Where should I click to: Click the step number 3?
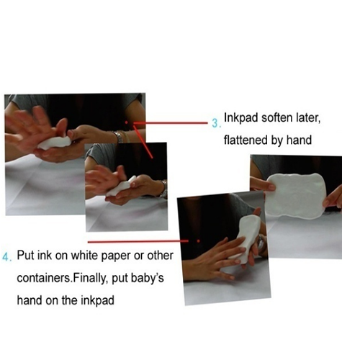click(215, 123)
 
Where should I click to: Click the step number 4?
click(6, 257)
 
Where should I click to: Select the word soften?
click(276, 117)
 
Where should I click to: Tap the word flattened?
click(246, 140)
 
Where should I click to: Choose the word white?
click(84, 256)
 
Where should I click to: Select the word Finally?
click(90, 278)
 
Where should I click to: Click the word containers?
click(44, 278)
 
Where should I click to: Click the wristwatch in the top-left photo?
click(120, 137)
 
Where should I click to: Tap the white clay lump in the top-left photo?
click(55, 143)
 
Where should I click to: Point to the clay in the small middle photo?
click(121, 186)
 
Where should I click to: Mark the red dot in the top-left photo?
click(126, 122)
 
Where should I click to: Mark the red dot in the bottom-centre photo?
click(198, 240)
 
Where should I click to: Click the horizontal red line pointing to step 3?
click(171, 123)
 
